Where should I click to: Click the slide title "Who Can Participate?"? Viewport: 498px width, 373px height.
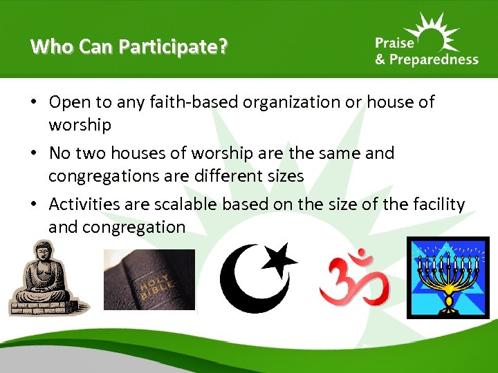[129, 46]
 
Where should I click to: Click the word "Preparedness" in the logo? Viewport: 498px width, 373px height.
[433, 60]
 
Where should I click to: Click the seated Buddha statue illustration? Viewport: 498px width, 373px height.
[39, 279]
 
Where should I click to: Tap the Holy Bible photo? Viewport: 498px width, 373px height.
[149, 279]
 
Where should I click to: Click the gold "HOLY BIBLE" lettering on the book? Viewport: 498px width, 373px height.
[151, 284]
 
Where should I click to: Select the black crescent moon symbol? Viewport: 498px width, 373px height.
[246, 278]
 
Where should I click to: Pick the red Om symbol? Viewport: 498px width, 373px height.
[353, 278]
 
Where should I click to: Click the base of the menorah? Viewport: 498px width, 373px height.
[450, 304]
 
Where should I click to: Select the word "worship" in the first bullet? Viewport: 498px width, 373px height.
[80, 125]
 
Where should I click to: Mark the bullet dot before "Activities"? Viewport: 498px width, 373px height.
[34, 204]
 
